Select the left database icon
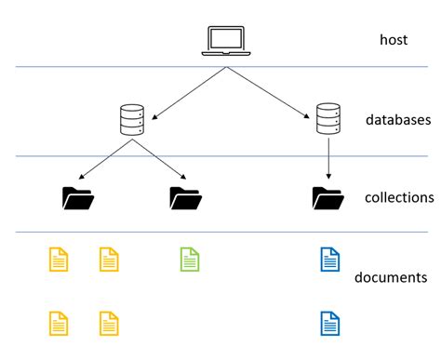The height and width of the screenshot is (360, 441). (x=133, y=121)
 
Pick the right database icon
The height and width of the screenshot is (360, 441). (x=326, y=118)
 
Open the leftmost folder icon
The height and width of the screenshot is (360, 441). (x=77, y=197)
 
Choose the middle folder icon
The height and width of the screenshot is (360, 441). (x=185, y=197)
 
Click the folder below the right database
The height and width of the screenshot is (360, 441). (x=327, y=197)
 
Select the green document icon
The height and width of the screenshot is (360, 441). (x=189, y=259)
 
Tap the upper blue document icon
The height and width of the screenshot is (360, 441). (x=329, y=259)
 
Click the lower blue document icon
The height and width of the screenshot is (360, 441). (x=329, y=323)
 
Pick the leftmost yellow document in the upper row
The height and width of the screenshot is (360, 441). (x=59, y=259)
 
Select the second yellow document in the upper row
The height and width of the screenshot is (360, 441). (x=110, y=259)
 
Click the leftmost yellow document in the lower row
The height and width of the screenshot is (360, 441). (x=59, y=323)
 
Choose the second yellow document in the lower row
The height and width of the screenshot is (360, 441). (x=110, y=323)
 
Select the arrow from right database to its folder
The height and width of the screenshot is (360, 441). (x=327, y=157)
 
